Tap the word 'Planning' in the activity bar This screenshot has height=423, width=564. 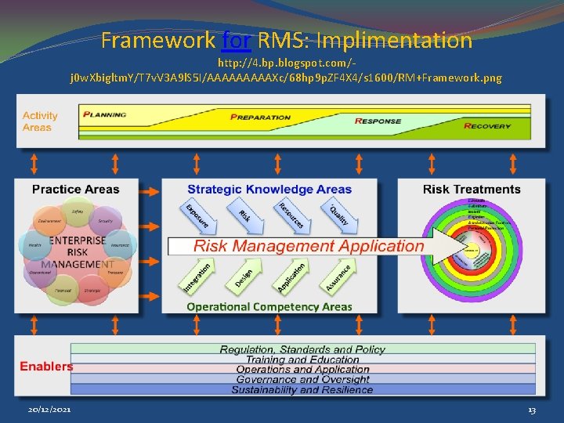[x=106, y=113]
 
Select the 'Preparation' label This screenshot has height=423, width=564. [x=260, y=117]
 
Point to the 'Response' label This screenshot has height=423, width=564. [x=378, y=121]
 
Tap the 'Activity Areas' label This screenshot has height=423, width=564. [x=40, y=121]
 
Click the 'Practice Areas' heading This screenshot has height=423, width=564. [x=76, y=189]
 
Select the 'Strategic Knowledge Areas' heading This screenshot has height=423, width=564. [x=269, y=189]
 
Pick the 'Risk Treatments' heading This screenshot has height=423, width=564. [x=472, y=189]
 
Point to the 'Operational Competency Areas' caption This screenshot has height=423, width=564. [x=269, y=306]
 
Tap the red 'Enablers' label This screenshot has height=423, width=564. [x=46, y=366]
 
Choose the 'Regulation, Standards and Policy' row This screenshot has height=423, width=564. [x=302, y=349]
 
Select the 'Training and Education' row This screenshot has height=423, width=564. [x=302, y=360]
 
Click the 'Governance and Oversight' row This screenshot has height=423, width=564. [x=302, y=379]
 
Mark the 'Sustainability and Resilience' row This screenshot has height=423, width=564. [x=302, y=389]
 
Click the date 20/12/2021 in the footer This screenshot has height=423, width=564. [x=48, y=410]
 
